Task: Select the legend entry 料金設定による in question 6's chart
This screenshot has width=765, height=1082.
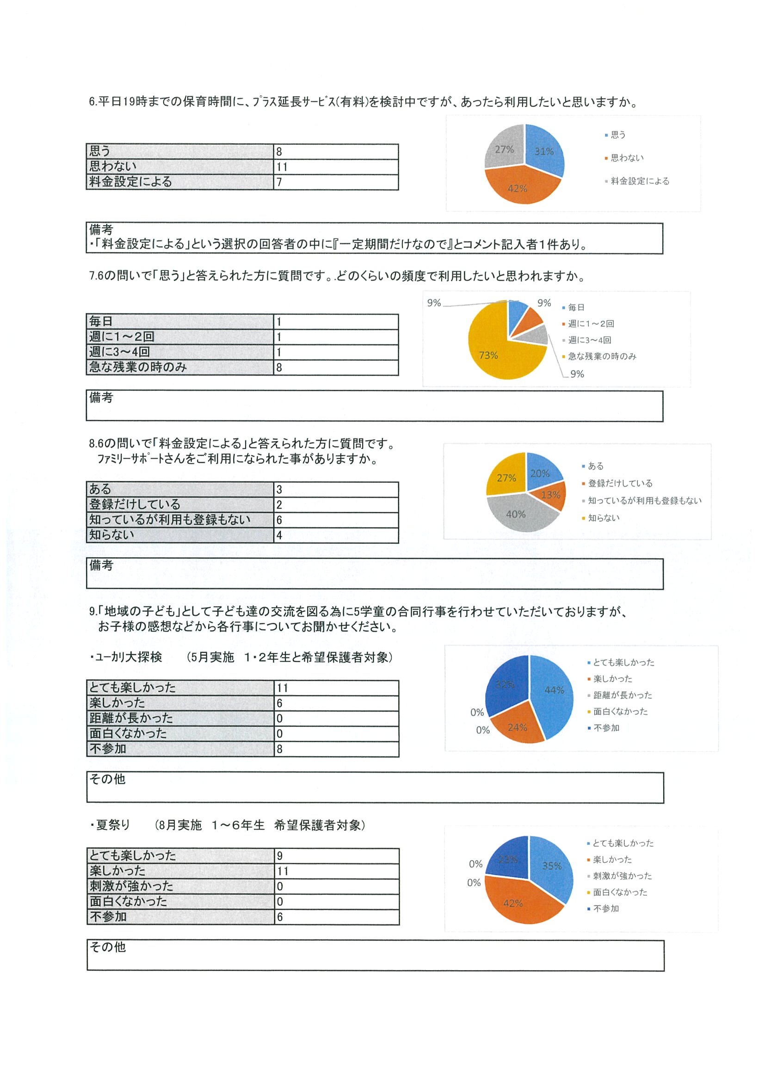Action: (640, 181)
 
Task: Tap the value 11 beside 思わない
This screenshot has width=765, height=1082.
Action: (282, 167)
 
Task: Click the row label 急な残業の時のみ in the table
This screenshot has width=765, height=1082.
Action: (138, 367)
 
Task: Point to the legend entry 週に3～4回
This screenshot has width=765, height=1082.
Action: (589, 340)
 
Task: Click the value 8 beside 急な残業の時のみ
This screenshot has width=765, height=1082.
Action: (279, 368)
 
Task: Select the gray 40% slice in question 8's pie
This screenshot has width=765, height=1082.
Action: (516, 513)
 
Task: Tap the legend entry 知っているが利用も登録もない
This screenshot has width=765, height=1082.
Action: (644, 500)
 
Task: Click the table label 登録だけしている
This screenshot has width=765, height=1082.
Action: (135, 505)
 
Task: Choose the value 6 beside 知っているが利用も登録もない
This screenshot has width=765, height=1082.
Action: (279, 520)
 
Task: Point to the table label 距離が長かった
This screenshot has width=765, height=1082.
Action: (131, 718)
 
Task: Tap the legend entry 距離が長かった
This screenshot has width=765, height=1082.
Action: (622, 695)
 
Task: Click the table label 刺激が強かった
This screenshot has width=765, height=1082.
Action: (131, 886)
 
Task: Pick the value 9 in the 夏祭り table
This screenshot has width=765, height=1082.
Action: (280, 856)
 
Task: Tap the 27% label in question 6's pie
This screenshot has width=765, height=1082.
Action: (504, 149)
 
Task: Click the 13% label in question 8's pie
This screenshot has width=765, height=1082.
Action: (550, 495)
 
